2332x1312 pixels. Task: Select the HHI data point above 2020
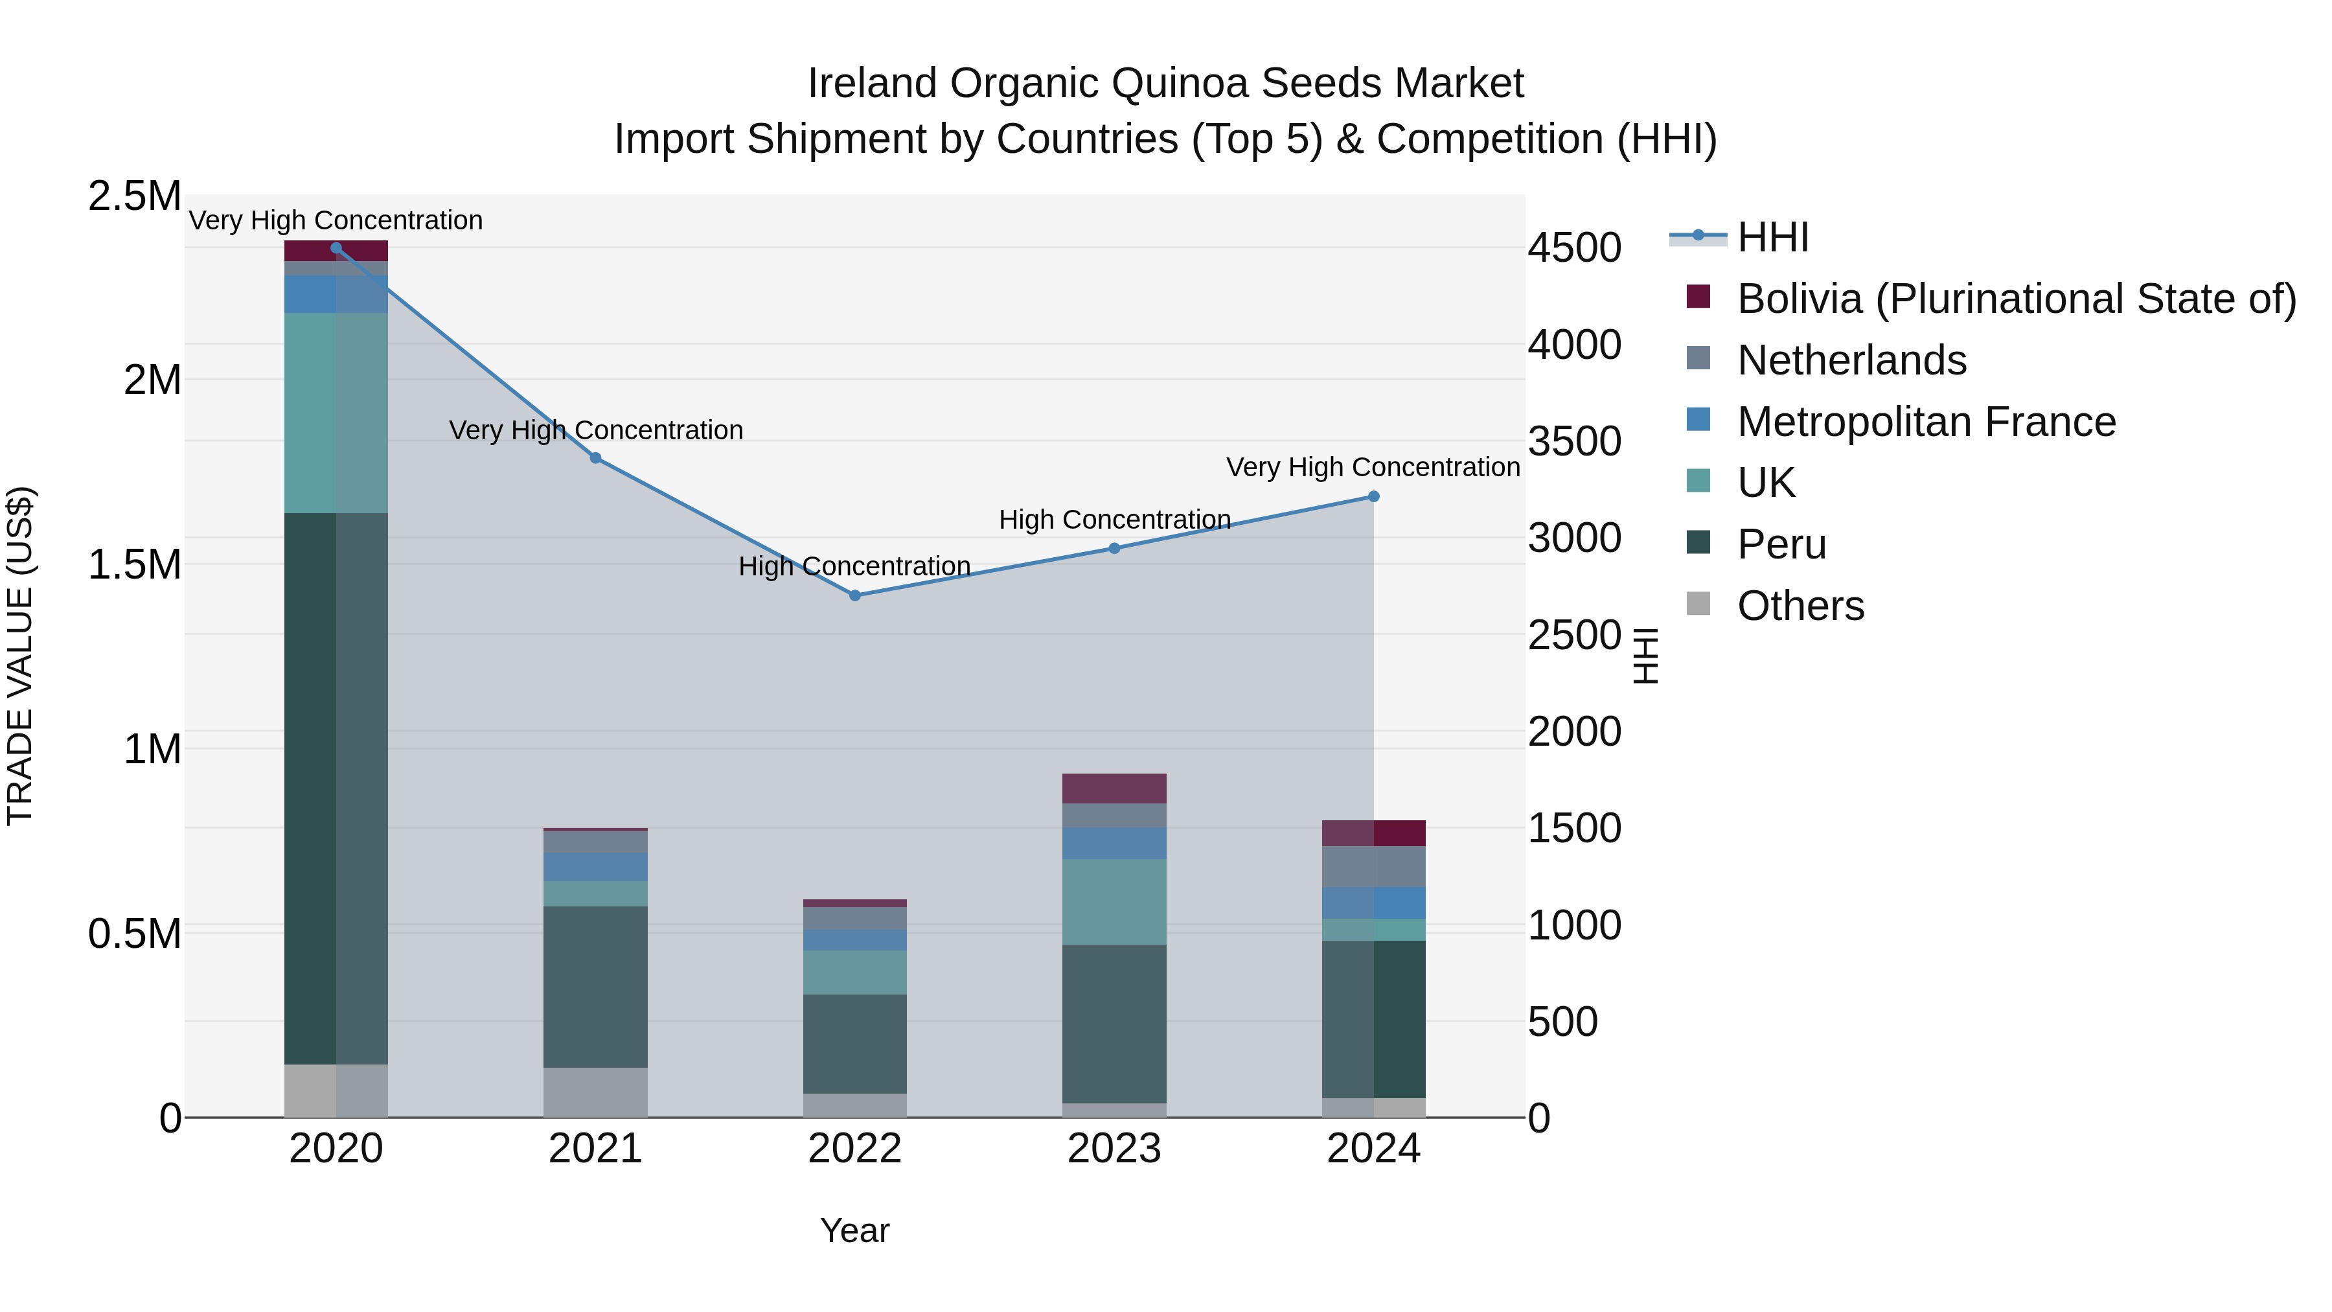coord(336,248)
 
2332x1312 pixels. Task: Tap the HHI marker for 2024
coord(1373,497)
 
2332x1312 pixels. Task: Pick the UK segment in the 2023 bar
coord(1114,902)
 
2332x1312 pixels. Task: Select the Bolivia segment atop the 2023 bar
coord(1114,788)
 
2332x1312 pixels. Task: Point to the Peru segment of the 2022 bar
coord(854,1044)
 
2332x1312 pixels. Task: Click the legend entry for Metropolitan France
coord(1926,422)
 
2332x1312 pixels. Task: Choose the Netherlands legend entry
coord(1851,360)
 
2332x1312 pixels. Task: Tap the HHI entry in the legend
coord(1772,237)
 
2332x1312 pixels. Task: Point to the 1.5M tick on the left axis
coord(135,565)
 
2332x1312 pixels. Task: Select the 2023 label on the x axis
coord(1114,1149)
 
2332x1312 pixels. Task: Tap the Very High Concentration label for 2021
coord(596,430)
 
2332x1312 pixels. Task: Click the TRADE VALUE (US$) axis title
coord(20,656)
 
